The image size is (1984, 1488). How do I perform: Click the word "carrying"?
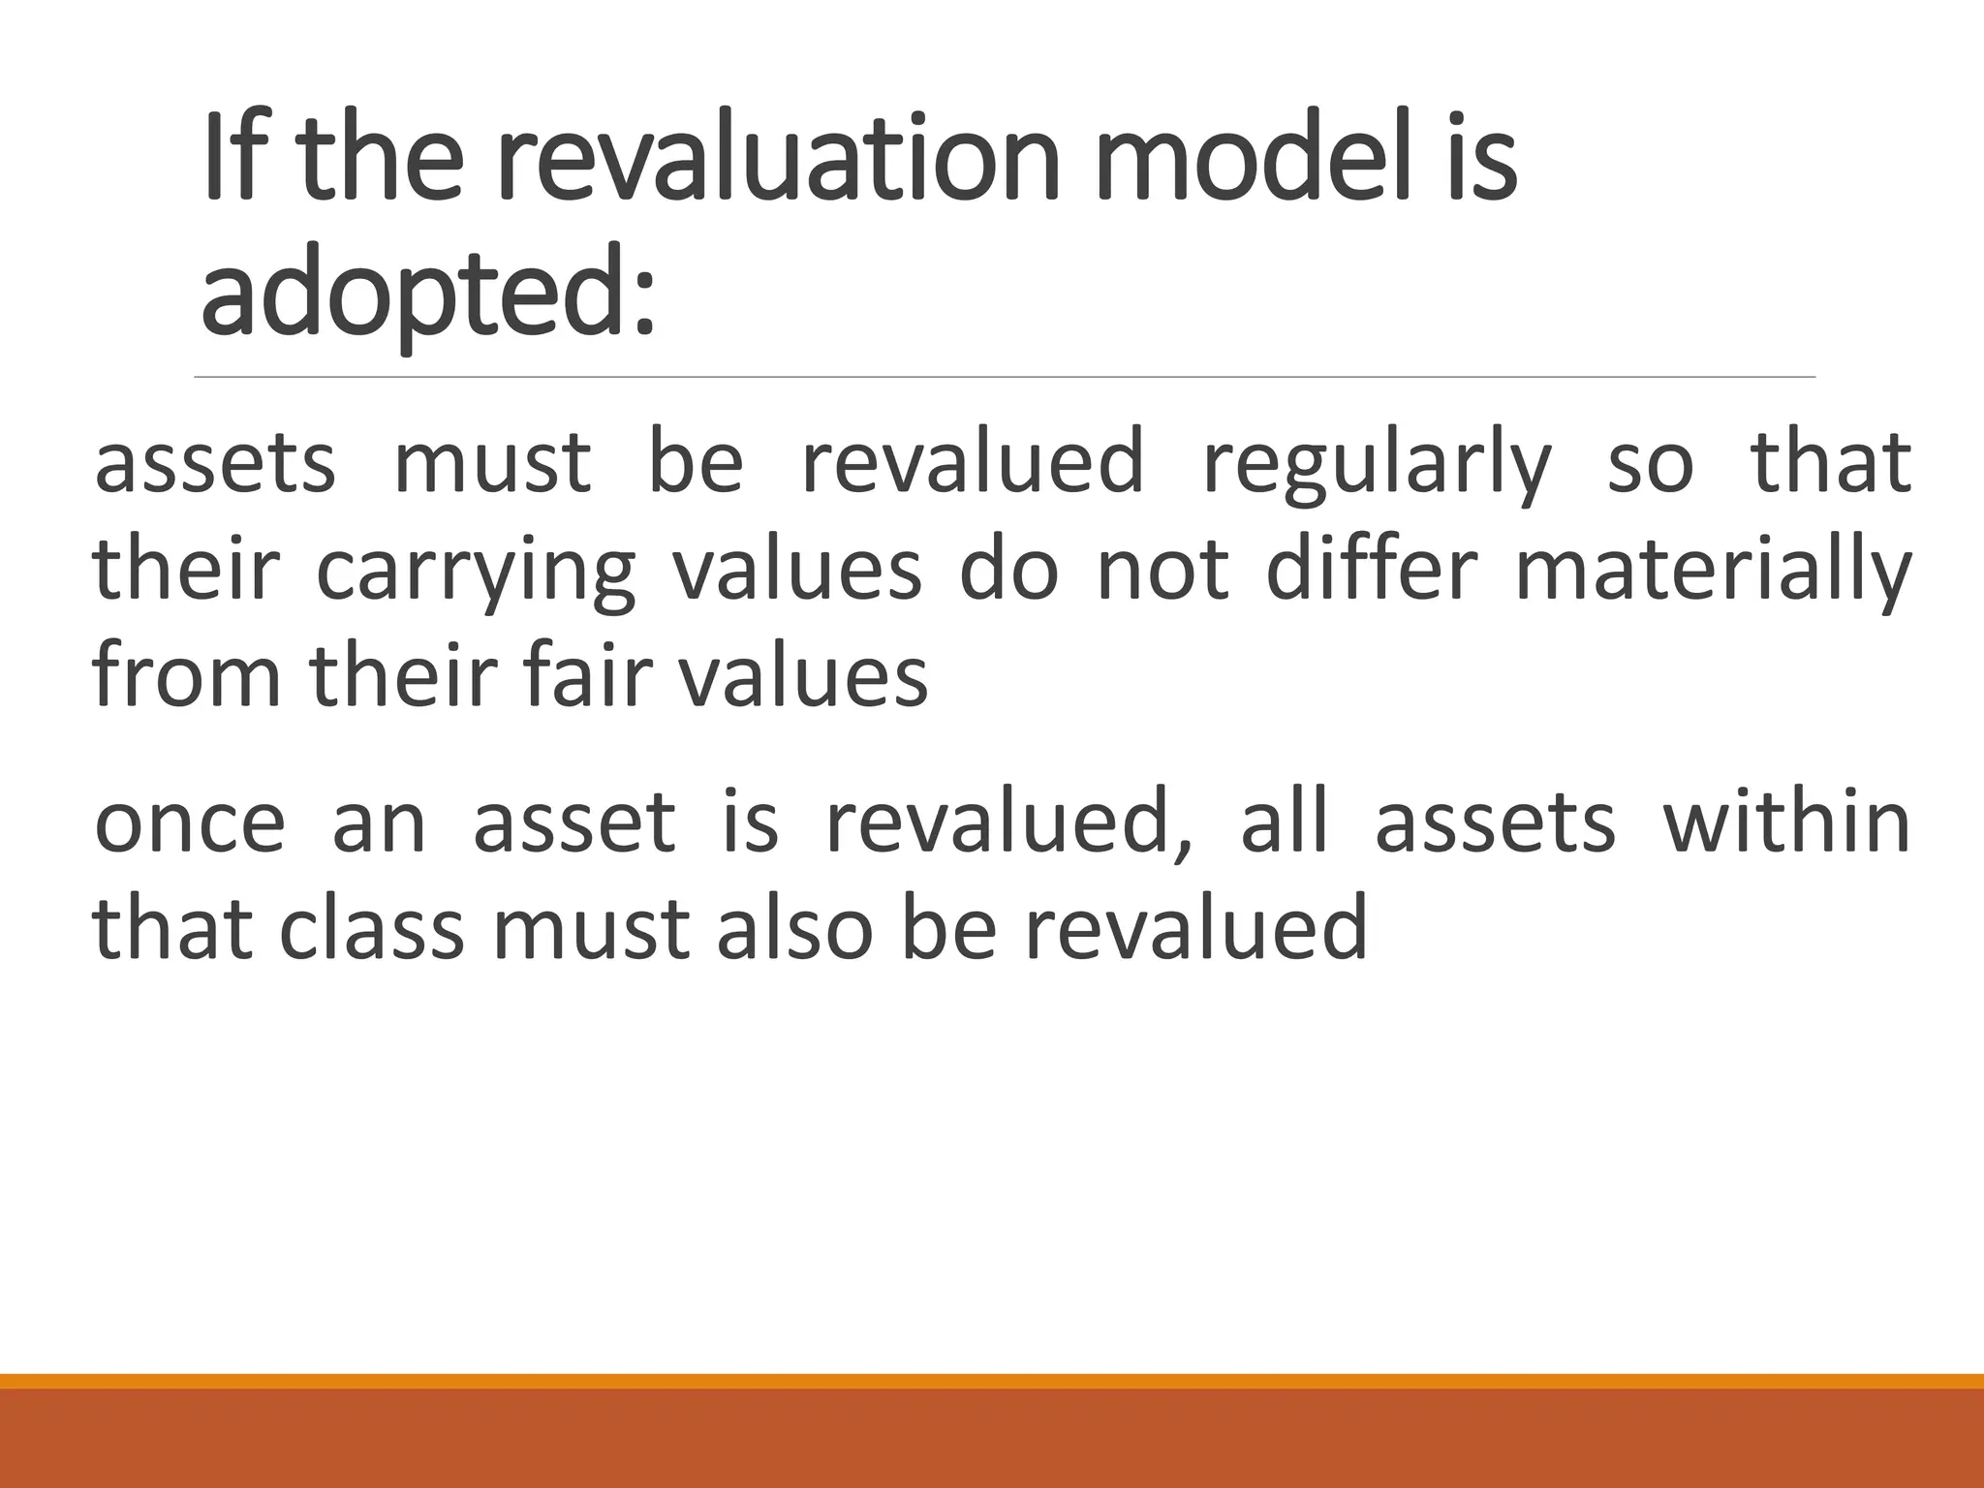pyautogui.click(x=476, y=573)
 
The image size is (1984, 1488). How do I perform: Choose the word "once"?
pyautogui.click(x=190, y=823)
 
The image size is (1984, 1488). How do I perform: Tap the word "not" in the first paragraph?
pyautogui.click(x=1162, y=572)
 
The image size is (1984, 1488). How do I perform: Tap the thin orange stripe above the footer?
pyautogui.click(x=992, y=1380)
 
